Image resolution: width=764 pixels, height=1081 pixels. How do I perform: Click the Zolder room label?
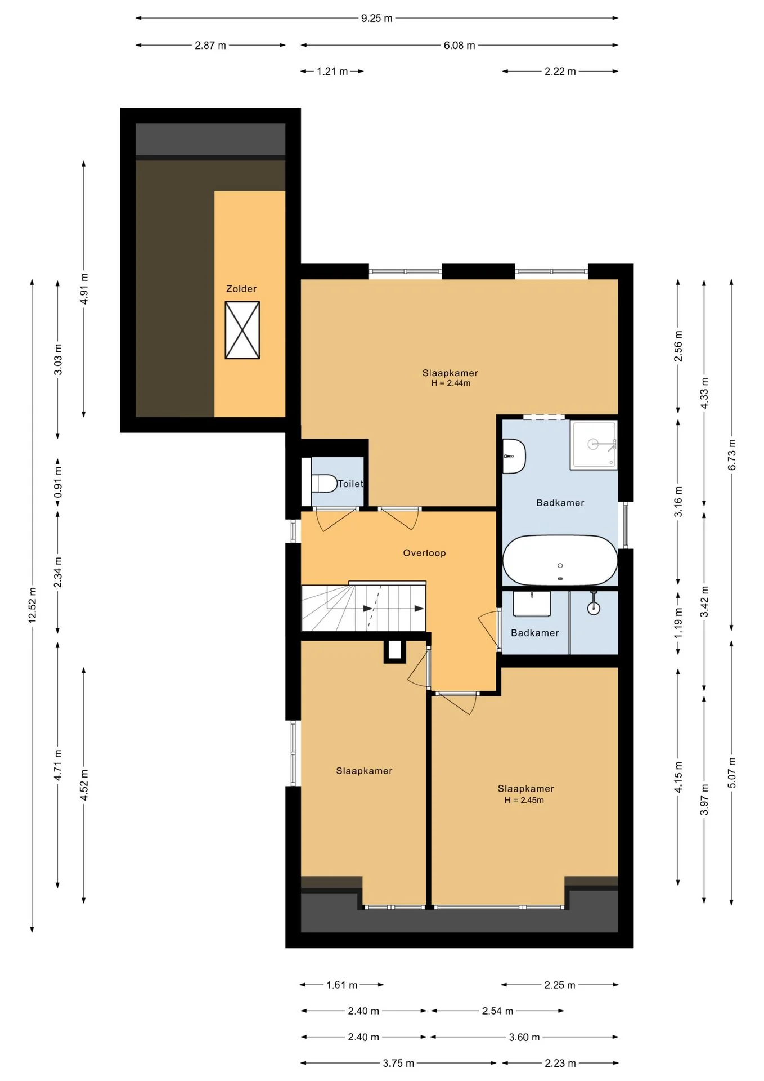coord(241,289)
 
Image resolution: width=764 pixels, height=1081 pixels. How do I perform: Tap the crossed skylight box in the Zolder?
coord(242,330)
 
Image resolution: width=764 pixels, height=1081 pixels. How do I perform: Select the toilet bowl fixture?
coord(323,483)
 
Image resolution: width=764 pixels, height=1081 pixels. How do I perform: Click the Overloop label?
coord(424,553)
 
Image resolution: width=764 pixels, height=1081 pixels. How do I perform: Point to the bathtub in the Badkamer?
coord(560,560)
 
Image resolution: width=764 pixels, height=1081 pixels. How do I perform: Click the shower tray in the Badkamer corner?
coord(594,444)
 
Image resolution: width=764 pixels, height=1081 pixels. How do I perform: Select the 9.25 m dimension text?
coord(377,18)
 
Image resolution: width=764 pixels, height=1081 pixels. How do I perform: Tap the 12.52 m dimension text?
coord(33,605)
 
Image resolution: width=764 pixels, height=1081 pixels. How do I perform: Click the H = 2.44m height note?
coord(451,383)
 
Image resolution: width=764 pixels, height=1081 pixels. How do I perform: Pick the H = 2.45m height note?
coord(524,800)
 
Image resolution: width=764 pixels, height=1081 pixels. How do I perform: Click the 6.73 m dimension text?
coord(732,455)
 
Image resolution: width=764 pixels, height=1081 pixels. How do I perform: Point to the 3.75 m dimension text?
coord(398,1063)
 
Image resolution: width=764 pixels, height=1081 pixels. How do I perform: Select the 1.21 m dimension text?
coord(332,72)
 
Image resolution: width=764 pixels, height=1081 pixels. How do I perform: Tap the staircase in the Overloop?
coord(363,606)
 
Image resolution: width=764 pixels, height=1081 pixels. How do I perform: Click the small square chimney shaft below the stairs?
coord(395,650)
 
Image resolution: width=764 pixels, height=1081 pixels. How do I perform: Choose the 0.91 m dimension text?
coord(58,482)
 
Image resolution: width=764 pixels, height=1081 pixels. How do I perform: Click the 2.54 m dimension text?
coord(497,1011)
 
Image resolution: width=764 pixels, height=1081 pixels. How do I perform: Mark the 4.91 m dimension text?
coord(84,289)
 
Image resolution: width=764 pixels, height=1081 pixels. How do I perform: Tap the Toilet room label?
coord(350,484)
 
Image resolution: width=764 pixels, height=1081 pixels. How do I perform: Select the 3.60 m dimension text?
coord(524,1037)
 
